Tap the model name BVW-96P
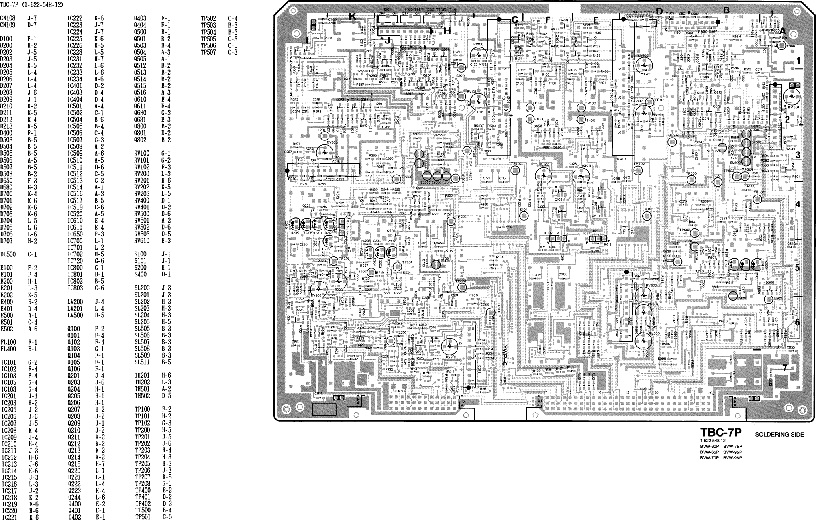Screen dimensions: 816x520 pyautogui.click(x=732, y=458)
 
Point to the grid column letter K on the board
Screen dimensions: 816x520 pyautogui.click(x=352, y=16)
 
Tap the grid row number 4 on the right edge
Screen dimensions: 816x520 pyautogui.click(x=798, y=204)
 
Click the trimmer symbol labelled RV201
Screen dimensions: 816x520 pyautogui.click(x=451, y=345)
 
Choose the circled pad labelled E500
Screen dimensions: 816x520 pyautogui.click(x=783, y=46)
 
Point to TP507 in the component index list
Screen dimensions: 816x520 pyautogui.click(x=208, y=52)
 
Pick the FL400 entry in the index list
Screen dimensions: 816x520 pyautogui.click(x=8, y=349)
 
